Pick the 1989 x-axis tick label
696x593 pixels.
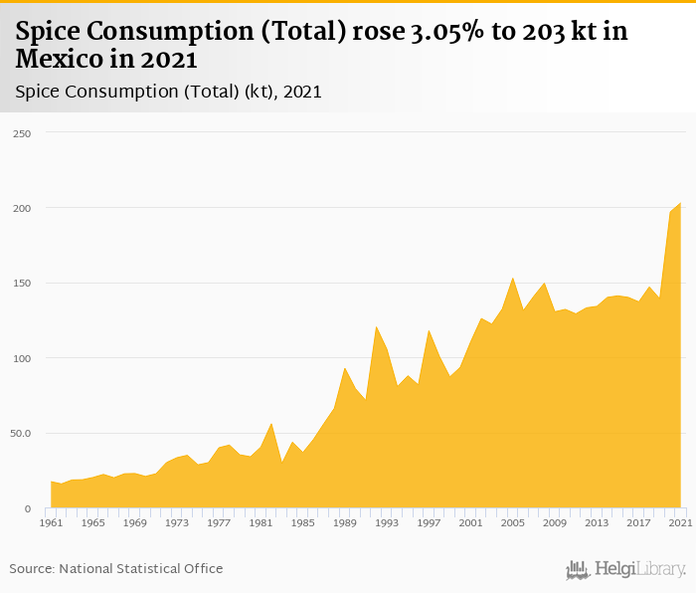tap(345, 522)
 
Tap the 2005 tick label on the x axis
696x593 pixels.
tap(512, 522)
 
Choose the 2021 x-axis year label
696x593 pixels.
tap(680, 522)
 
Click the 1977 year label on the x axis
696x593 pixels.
tap(219, 522)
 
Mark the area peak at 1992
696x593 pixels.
tap(376, 326)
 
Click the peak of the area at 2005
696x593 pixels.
tap(512, 278)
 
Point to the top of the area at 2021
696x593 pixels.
tap(680, 203)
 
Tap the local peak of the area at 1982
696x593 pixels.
tap(271, 424)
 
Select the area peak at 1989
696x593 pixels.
tap(345, 368)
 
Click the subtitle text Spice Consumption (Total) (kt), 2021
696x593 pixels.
tap(168, 92)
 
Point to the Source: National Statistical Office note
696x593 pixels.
tap(116, 568)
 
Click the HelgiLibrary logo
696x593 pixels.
tap(625, 569)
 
